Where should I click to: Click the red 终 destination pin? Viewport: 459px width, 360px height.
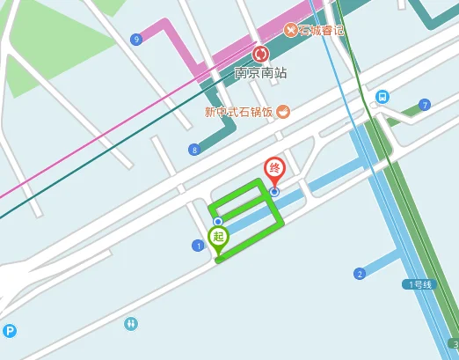pos(274,168)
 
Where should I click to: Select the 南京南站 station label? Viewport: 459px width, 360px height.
pos(260,73)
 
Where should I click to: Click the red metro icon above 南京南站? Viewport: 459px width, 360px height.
pos(260,55)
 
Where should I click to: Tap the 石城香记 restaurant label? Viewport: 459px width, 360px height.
pos(321,31)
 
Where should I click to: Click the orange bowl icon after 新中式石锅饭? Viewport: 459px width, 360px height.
pos(283,112)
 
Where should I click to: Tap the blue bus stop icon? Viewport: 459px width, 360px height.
pos(382,96)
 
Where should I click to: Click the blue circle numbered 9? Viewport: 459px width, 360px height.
pos(135,40)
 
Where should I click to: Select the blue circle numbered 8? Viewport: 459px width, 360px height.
pos(193,150)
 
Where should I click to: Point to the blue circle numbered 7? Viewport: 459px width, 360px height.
pos(425,106)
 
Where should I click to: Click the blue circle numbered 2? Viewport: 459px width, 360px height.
pos(359,274)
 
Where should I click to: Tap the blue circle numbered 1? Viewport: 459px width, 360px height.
pos(198,246)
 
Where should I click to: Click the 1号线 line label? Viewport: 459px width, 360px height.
pos(419,284)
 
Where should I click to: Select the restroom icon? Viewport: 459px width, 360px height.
pos(131,324)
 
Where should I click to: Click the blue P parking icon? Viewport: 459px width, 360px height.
pos(10,332)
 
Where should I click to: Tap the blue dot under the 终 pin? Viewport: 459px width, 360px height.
pos(274,191)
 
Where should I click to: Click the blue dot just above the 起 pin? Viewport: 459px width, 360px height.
pos(218,221)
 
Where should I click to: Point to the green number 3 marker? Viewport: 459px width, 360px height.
pos(454,343)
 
